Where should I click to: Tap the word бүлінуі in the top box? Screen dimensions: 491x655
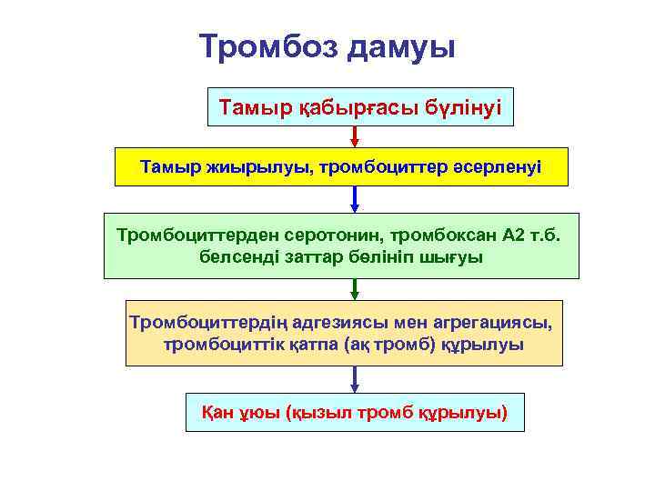pos(459,108)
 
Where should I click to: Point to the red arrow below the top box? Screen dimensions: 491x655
pos(355,136)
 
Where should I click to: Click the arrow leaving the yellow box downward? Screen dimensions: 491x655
pos(355,199)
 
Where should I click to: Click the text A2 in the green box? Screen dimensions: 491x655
pos(515,235)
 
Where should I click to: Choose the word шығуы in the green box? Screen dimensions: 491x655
pos(453,256)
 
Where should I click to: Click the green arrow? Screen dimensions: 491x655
pos(355,289)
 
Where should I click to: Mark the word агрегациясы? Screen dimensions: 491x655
pos(479,323)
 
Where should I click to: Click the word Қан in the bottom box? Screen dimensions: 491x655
pos(217,413)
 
